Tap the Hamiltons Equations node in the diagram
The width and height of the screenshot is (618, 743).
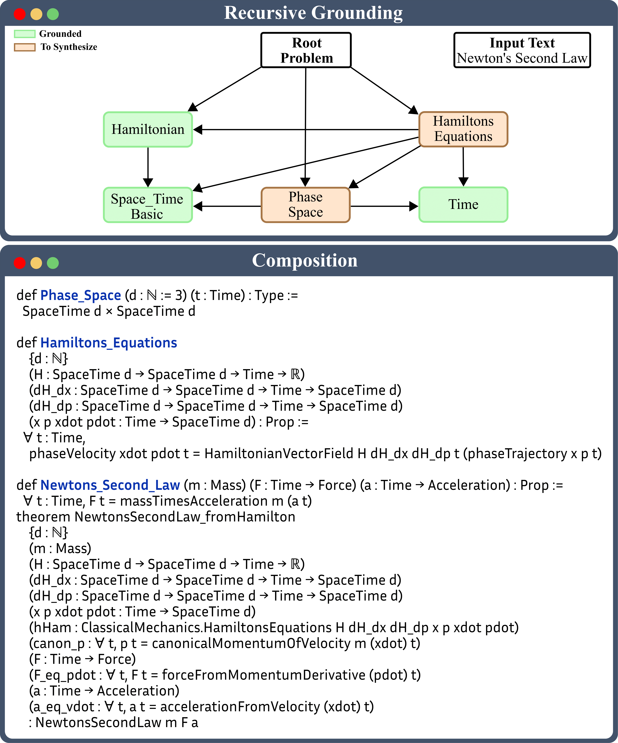[x=463, y=129]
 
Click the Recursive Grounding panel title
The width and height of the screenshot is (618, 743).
[x=313, y=13]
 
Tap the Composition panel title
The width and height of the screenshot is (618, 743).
[x=305, y=261]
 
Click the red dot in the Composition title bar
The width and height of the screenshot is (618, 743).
[x=20, y=263]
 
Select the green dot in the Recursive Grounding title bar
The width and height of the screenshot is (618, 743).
[x=53, y=14]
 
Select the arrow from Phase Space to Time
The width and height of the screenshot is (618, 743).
[x=384, y=206]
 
